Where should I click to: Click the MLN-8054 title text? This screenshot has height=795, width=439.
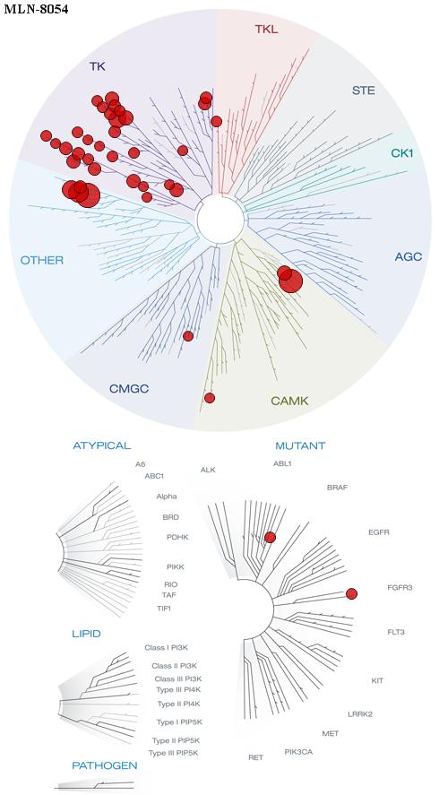[36, 9]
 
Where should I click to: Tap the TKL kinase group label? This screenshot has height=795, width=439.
[266, 30]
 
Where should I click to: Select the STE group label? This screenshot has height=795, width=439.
[364, 91]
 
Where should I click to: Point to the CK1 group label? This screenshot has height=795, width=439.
[402, 152]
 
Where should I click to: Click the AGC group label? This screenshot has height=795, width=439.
[408, 257]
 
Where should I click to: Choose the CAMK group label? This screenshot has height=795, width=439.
[289, 401]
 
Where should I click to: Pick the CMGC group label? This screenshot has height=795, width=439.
[129, 389]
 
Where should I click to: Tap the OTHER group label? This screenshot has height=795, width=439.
[41, 261]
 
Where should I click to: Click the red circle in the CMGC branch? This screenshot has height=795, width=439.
[188, 335]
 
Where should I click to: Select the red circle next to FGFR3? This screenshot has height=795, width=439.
[351, 593]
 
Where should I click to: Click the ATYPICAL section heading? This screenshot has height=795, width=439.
[102, 445]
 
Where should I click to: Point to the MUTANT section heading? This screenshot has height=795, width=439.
[300, 446]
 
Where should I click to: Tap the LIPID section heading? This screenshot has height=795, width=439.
[86, 634]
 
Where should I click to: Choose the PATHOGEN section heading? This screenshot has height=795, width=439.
[105, 765]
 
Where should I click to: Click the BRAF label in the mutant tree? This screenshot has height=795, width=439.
[338, 488]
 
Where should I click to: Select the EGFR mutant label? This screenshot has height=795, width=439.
[379, 532]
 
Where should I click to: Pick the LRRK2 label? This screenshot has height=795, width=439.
[360, 714]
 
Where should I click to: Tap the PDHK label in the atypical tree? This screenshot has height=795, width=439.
[177, 537]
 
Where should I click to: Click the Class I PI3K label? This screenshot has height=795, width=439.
[167, 647]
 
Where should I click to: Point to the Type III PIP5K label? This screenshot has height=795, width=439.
[173, 753]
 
